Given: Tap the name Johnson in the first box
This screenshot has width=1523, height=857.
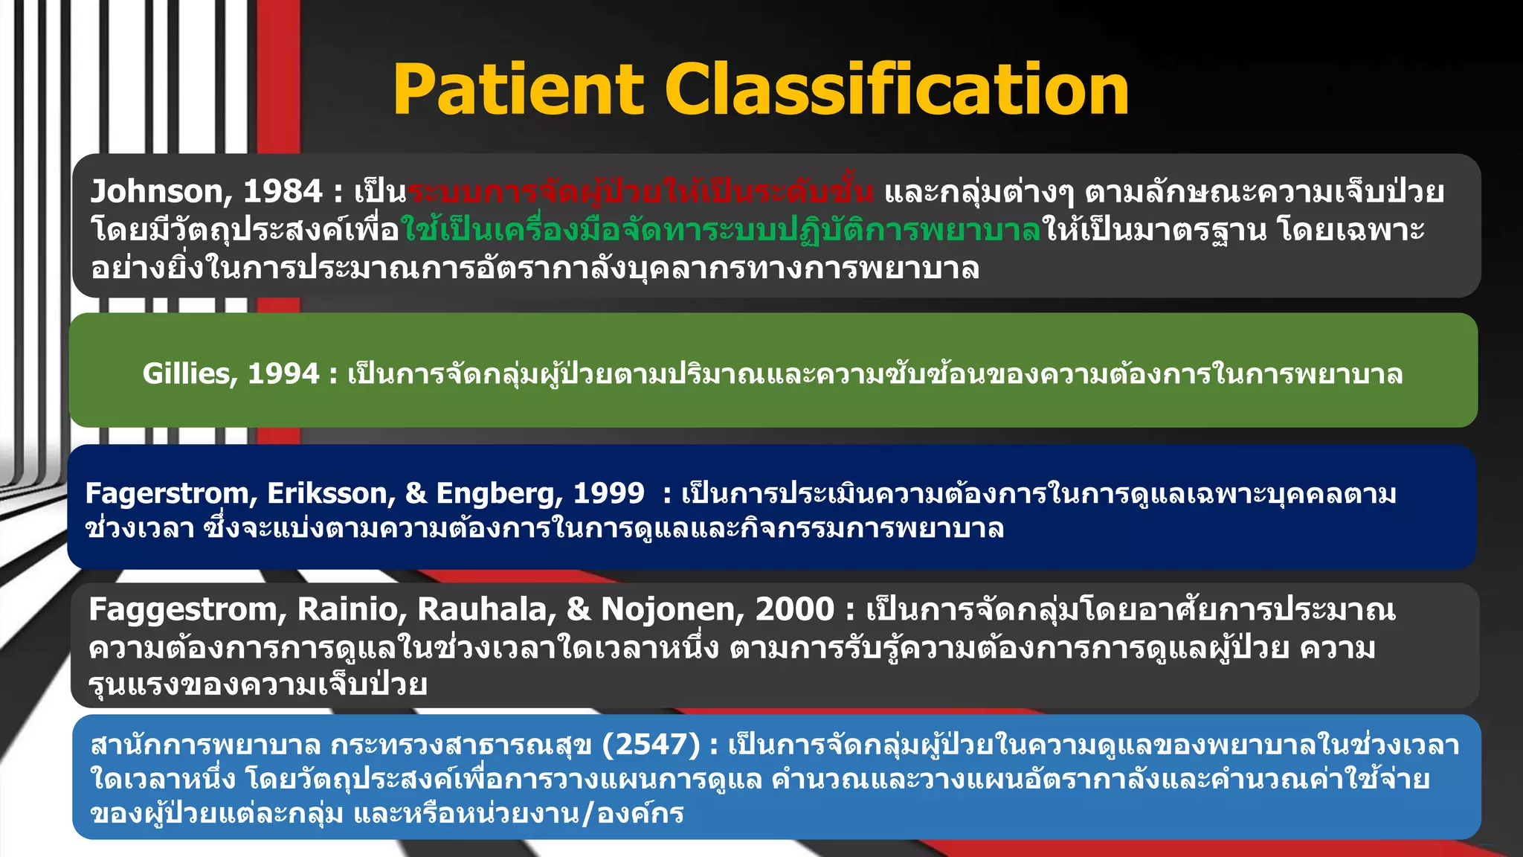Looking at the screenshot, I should [x=155, y=192].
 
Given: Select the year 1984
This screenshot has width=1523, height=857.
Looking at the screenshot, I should [x=283, y=192].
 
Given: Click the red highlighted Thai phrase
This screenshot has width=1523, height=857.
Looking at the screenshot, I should [x=640, y=192].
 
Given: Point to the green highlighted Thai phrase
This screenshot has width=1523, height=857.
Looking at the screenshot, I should [x=720, y=230].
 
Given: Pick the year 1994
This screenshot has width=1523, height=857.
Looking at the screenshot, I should [x=283, y=373].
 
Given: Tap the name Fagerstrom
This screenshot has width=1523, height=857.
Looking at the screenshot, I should [x=170, y=493].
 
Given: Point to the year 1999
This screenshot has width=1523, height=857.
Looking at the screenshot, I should [x=608, y=493].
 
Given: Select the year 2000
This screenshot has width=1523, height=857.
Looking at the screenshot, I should [x=794, y=609].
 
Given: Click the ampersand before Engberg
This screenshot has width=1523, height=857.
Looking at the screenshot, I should [x=416, y=493].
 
